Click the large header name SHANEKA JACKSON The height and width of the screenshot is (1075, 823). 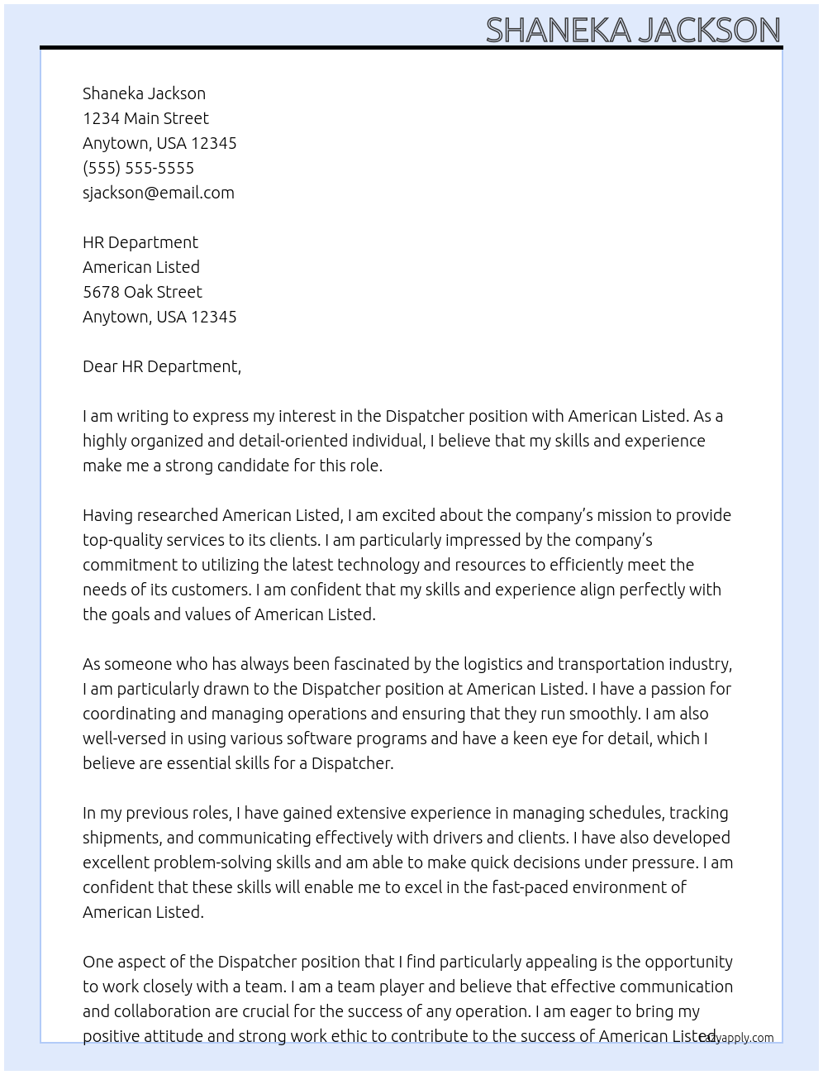click(x=632, y=30)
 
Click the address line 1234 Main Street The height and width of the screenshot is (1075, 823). click(x=145, y=118)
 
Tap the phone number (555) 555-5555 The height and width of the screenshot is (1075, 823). click(x=138, y=168)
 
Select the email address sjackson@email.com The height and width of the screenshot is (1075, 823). click(x=158, y=193)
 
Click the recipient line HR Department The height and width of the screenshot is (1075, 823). click(x=140, y=242)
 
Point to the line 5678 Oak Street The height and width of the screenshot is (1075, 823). click(x=142, y=292)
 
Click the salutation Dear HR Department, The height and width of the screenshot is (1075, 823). click(x=161, y=366)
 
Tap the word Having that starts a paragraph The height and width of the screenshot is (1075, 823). click(x=107, y=515)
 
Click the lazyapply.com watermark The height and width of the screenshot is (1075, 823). click(x=738, y=1038)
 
